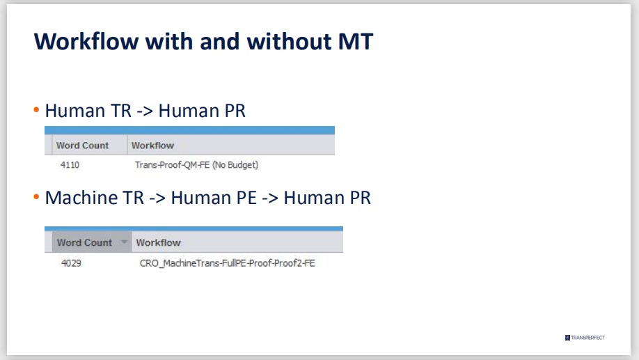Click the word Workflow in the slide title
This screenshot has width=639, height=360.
click(86, 42)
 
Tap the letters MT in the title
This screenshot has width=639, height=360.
click(356, 42)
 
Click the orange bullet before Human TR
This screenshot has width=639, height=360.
click(36, 109)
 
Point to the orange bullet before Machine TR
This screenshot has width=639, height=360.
click(36, 197)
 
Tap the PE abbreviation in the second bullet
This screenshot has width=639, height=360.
click(246, 198)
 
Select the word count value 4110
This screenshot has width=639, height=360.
click(70, 165)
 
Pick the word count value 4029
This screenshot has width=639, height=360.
click(71, 263)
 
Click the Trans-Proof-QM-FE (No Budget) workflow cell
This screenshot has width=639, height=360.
click(196, 165)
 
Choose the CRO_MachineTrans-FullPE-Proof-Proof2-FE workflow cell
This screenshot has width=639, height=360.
click(228, 263)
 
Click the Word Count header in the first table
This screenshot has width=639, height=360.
click(82, 146)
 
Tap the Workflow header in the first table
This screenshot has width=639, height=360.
click(153, 146)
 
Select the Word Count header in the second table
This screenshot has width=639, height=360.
click(84, 242)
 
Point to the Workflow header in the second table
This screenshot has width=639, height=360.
click(159, 242)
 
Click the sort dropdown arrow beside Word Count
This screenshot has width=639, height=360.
click(125, 242)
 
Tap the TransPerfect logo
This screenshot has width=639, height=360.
click(585, 338)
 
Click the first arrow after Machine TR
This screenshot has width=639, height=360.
click(157, 198)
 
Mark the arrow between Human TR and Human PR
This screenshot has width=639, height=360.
click(145, 111)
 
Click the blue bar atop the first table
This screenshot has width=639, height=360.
click(189, 130)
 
